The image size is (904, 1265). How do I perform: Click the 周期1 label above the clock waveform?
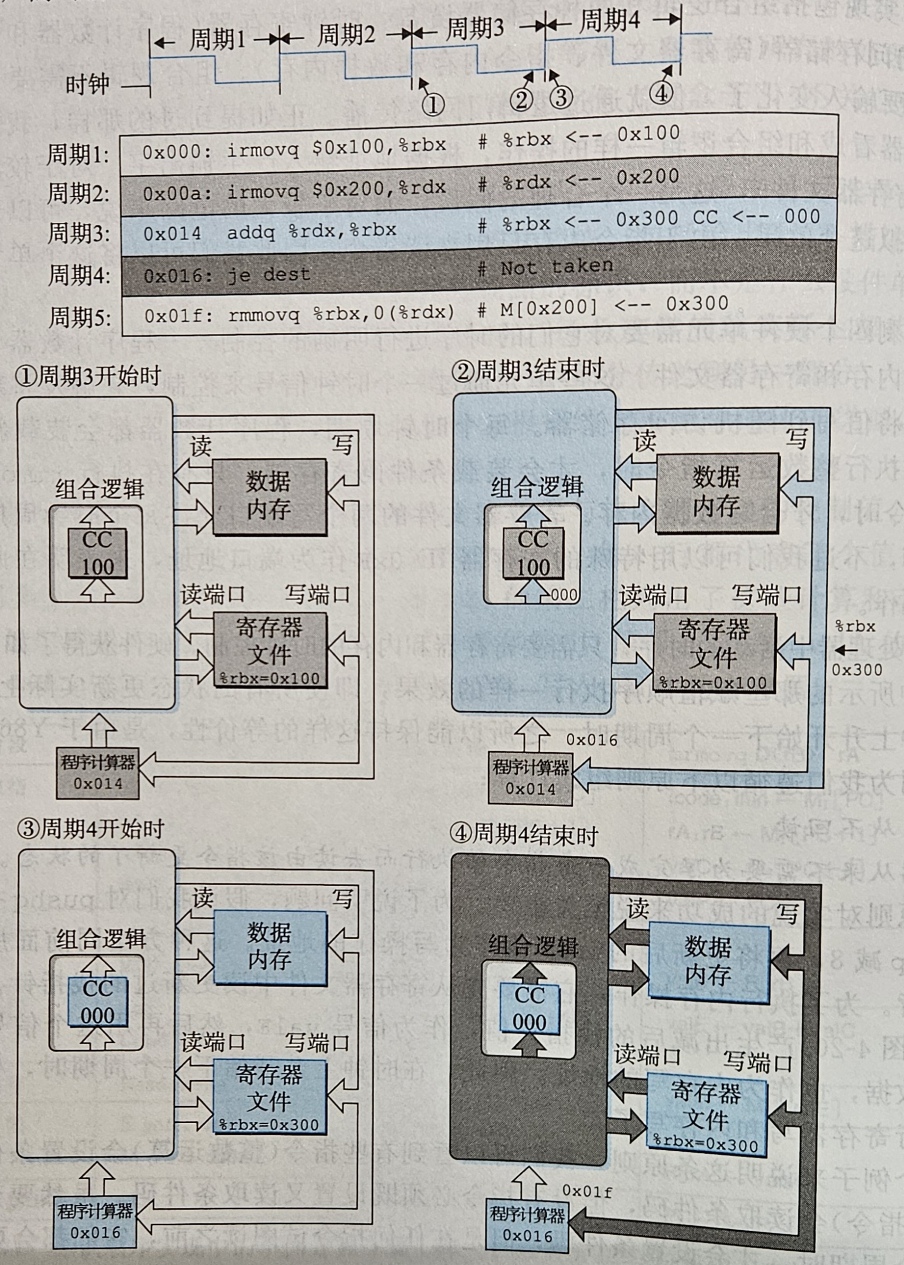tap(217, 40)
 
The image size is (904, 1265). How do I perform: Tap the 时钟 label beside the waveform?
tap(87, 85)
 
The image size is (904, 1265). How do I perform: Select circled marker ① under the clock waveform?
tap(432, 104)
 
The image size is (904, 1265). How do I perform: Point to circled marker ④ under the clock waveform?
tap(661, 93)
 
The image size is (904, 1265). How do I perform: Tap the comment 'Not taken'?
tap(557, 267)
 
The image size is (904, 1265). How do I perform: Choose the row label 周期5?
tap(79, 317)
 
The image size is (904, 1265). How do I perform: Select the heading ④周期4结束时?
tap(523, 835)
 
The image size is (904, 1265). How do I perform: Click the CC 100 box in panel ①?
tap(98, 553)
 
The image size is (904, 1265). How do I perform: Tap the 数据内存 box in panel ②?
tap(717, 493)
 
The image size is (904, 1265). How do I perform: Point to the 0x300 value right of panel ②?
tap(857, 670)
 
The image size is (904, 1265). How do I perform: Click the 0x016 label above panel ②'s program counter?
tap(592, 739)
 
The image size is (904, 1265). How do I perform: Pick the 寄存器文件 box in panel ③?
tap(269, 1096)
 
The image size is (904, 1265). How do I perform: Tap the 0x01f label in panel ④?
tap(587, 1191)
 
